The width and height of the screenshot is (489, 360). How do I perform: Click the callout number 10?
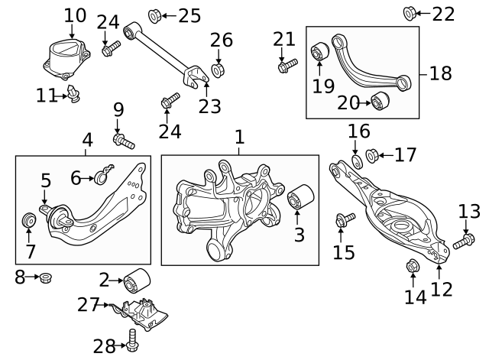[x=75, y=15]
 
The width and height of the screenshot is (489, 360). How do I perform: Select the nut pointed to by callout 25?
[x=154, y=16]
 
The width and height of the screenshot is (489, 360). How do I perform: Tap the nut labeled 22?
[x=410, y=14]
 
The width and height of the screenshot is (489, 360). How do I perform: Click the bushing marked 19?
[x=319, y=52]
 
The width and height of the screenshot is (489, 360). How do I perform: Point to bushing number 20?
[x=380, y=100]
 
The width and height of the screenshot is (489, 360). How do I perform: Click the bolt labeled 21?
[x=287, y=65]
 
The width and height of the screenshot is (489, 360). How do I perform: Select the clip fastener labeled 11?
[x=73, y=93]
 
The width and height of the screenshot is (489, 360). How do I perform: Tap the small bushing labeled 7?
[x=29, y=220]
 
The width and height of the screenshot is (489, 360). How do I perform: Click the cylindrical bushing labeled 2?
[x=137, y=281]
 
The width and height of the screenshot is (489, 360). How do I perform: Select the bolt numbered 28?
[x=132, y=340]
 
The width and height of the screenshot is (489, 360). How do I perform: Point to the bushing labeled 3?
[x=300, y=197]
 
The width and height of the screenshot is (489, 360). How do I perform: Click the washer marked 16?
[x=357, y=161]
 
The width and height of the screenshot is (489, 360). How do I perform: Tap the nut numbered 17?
[x=372, y=156]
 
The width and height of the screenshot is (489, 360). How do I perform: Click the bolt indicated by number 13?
[x=464, y=242]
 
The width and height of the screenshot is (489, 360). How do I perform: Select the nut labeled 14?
[x=413, y=266]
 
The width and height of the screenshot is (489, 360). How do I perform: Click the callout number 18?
[x=441, y=73]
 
